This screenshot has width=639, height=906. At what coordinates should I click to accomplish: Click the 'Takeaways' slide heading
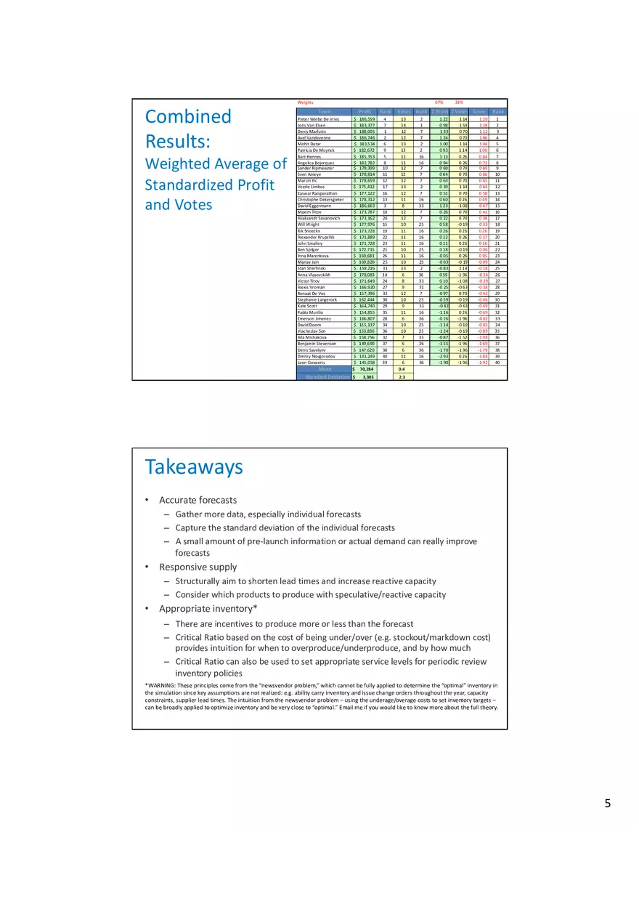tap(194, 466)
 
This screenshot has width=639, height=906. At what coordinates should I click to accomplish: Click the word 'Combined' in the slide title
tap(188, 116)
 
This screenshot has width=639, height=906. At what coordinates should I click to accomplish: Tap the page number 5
tap(607, 803)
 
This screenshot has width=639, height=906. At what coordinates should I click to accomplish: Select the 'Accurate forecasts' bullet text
tap(198, 500)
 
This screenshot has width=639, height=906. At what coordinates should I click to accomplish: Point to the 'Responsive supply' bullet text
tap(198, 567)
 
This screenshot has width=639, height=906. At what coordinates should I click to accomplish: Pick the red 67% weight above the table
tap(439, 102)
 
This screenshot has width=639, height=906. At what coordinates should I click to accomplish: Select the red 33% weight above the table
tap(459, 102)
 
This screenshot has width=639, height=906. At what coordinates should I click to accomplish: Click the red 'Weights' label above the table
tap(306, 102)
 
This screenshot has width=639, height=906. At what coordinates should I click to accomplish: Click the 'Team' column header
tap(324, 111)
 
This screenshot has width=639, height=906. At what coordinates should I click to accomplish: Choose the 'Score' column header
tap(479, 111)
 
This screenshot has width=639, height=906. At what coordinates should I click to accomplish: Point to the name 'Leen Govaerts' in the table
tap(312, 362)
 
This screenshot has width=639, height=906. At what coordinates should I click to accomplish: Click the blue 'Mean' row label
tap(324, 369)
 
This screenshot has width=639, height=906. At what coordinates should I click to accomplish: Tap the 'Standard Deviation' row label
tap(324, 377)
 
